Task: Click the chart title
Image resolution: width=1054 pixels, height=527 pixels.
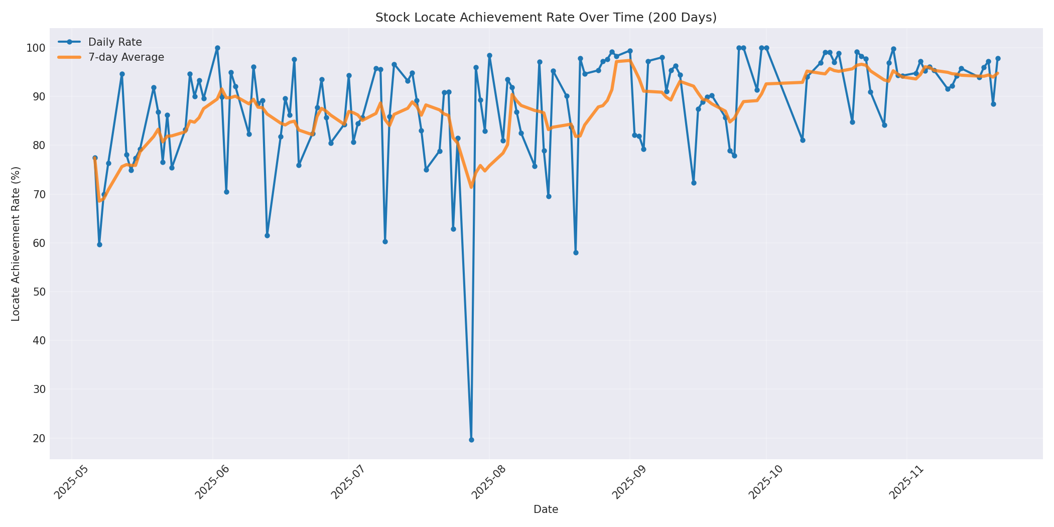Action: click(x=546, y=18)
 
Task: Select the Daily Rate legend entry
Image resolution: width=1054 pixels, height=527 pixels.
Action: click(x=115, y=42)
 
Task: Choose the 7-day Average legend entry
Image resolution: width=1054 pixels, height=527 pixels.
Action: click(x=126, y=57)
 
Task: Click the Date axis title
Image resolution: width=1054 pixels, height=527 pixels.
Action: click(x=546, y=510)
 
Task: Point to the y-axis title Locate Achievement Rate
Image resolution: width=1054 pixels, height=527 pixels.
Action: click(x=16, y=244)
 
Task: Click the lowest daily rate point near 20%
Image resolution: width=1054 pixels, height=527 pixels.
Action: click(x=471, y=440)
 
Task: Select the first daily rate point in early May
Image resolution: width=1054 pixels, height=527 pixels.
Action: click(x=95, y=158)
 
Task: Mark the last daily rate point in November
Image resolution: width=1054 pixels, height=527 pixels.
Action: click(x=998, y=59)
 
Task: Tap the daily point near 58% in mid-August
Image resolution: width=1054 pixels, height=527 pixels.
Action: click(x=576, y=252)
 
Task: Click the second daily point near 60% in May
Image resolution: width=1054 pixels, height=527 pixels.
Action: click(x=99, y=244)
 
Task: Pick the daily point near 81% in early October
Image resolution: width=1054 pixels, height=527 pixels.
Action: click(x=803, y=140)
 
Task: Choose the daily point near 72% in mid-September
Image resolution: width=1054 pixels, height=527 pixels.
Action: click(x=694, y=183)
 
